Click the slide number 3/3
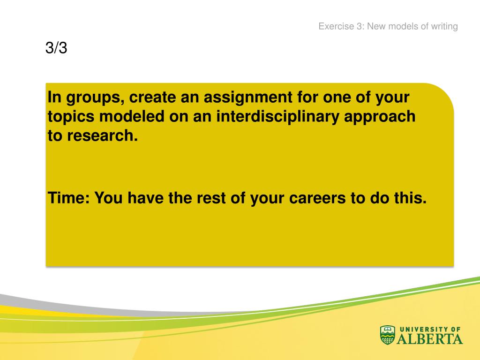pos(56,48)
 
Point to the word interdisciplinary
pos(277,117)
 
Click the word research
pos(102,135)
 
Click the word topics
pos(71,117)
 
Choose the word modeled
pos(132,116)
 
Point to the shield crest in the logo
pos(388,335)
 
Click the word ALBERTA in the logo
pos(430,339)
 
